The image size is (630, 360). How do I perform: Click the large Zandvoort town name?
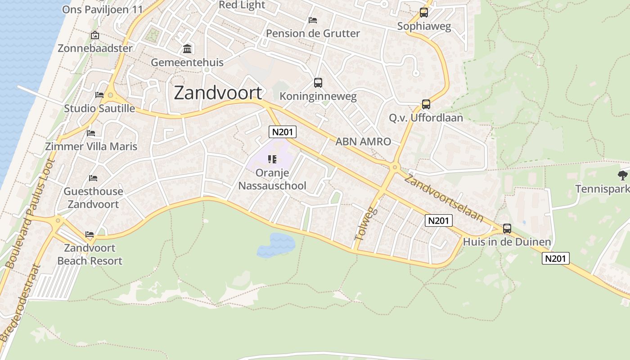tap(218, 93)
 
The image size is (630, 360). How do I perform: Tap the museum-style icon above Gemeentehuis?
tap(187, 49)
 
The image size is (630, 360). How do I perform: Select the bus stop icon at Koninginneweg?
tap(318, 83)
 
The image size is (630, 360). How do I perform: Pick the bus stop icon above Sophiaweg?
tap(423, 13)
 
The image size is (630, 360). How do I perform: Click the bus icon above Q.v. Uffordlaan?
tap(426, 104)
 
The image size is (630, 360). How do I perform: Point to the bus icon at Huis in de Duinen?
tap(507, 229)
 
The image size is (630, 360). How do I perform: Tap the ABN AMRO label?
tap(363, 141)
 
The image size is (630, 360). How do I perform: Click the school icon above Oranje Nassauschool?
tap(272, 159)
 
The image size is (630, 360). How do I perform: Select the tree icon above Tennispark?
tap(623, 175)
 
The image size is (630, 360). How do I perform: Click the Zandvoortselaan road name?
tap(444, 198)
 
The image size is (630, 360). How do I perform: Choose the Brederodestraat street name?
tap(21, 302)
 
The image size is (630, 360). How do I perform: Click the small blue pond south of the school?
tap(276, 245)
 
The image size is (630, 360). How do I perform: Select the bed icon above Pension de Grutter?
tap(313, 20)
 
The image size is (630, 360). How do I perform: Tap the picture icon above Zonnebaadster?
tap(95, 35)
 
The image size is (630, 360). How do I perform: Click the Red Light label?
tap(242, 5)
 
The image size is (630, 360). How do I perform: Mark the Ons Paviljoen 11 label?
tap(102, 9)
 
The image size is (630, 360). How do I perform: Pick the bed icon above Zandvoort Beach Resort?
tap(90, 234)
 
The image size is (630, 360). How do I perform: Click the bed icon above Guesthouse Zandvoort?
tap(93, 178)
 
